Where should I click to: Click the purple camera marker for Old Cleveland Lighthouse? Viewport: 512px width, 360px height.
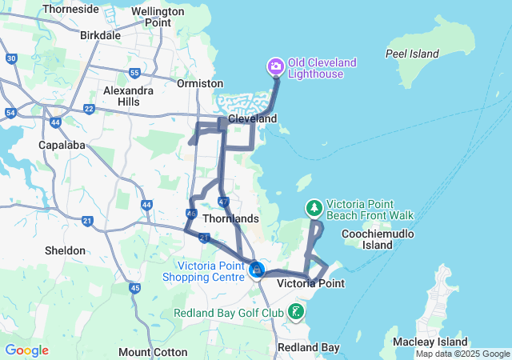pyautogui.click(x=275, y=66)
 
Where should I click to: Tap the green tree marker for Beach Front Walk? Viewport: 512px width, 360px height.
pyautogui.click(x=314, y=208)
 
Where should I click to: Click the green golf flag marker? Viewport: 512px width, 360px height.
pyautogui.click(x=297, y=311)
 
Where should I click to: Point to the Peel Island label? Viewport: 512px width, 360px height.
pyautogui.click(x=412, y=54)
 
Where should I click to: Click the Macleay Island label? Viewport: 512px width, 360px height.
pyautogui.click(x=425, y=342)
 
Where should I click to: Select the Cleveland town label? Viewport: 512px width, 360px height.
pyautogui.click(x=252, y=118)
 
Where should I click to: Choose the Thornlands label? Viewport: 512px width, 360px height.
pyautogui.click(x=230, y=218)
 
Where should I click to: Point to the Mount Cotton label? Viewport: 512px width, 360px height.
pyautogui.click(x=153, y=352)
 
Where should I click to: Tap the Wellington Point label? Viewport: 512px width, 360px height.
pyautogui.click(x=146, y=17)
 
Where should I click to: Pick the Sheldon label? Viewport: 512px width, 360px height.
pyautogui.click(x=65, y=250)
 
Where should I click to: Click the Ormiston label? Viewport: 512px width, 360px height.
pyautogui.click(x=200, y=83)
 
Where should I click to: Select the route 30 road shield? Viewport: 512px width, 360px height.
pyautogui.click(x=10, y=58)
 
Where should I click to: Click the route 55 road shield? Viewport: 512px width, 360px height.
pyautogui.click(x=134, y=73)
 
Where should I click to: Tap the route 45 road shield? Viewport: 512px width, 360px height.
pyautogui.click(x=134, y=287)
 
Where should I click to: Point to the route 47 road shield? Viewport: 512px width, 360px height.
pyautogui.click(x=223, y=201)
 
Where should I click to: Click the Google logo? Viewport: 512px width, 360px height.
pyautogui.click(x=26, y=350)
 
